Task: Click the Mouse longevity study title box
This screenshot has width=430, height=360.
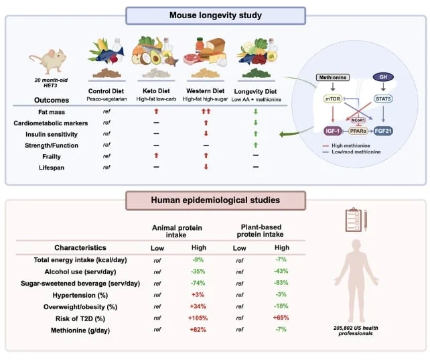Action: pos(216,15)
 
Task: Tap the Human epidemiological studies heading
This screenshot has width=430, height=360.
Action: pos(216,200)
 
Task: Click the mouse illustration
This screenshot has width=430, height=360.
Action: pos(48,61)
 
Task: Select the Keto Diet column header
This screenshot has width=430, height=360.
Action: pos(156,91)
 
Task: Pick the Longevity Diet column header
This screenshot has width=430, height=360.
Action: pos(255,92)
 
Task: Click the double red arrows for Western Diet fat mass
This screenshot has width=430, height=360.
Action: pos(206,111)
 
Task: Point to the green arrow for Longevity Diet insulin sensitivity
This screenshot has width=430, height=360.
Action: pos(256,134)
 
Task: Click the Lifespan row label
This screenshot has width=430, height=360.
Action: pos(52,168)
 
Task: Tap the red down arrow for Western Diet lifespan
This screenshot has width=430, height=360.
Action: pos(206,167)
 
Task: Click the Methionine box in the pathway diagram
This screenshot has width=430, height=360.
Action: pos(333,78)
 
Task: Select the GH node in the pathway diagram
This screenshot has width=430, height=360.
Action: pos(383,77)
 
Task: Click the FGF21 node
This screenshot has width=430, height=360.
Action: pos(383,131)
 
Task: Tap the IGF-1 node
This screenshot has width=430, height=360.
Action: pos(333,131)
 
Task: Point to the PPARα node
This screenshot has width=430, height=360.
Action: pos(358,131)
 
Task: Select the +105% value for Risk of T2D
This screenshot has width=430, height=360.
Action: pos(198,318)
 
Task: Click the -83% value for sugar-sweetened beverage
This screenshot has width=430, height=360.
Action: pos(281,283)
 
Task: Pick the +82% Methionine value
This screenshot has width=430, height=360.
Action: pos(198,330)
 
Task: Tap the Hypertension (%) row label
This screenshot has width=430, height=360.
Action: pos(80,296)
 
